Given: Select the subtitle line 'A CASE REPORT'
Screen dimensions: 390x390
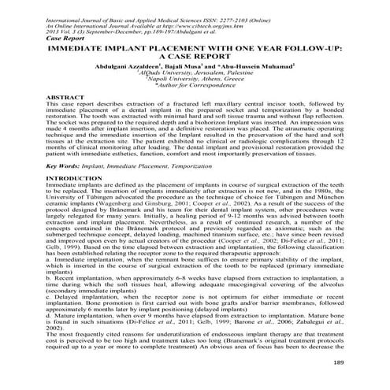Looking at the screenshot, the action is click(x=195, y=57).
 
